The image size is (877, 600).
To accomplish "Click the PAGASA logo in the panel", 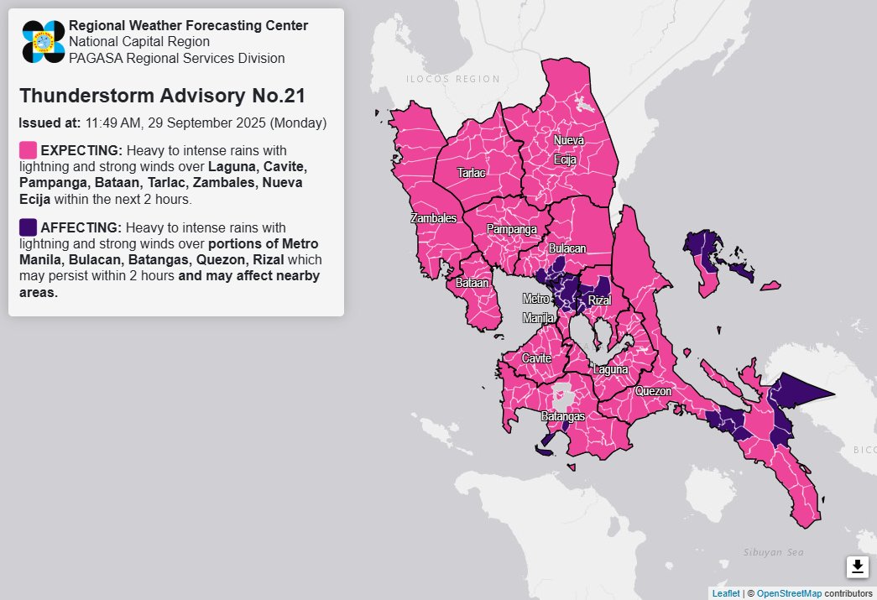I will pos(44,41).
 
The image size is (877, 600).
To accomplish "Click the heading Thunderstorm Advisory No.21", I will pos(162,96).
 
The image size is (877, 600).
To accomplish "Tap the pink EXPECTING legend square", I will pos(28,150).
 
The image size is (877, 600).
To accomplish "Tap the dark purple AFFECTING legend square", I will pos(28,227).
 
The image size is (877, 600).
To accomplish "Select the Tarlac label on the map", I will pos(471,173).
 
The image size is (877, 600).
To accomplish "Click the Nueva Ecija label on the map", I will pos(568,149).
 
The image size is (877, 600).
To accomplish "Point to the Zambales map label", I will pos(433,218).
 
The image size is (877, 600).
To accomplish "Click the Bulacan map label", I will pos(567,249).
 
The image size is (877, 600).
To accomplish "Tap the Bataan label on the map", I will pos(472,284).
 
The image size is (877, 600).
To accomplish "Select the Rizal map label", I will pos(598,300).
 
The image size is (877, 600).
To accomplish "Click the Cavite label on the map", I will pos(536,358).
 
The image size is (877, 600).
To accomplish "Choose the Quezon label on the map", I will pos(653,391).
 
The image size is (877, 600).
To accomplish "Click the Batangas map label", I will pos(561,416).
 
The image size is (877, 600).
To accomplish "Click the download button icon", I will pos(857,567).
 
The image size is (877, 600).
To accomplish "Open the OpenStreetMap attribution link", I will pos(788,593).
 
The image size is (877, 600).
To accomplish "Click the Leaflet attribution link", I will pos(725,593).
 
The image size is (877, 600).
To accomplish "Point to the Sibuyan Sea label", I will pos(773,552).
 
